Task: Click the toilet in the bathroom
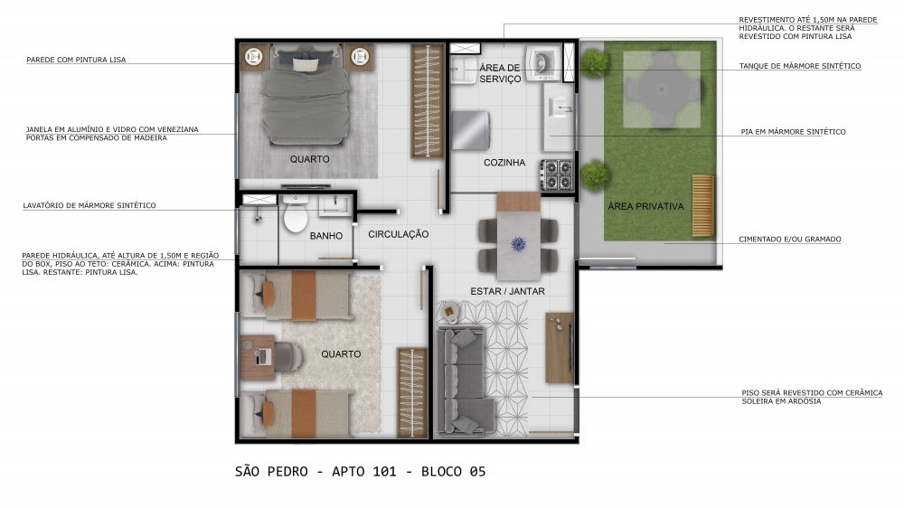click(x=296, y=214)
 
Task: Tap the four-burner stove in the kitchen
click(x=556, y=174)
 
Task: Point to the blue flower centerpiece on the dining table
click(x=518, y=244)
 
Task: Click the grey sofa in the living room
click(x=461, y=381)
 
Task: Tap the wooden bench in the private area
click(x=702, y=206)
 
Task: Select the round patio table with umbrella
click(x=662, y=89)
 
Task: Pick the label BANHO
click(x=326, y=236)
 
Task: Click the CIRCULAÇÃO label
click(x=399, y=234)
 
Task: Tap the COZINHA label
click(x=504, y=163)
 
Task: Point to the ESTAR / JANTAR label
click(x=507, y=291)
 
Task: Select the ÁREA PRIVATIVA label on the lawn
click(x=645, y=206)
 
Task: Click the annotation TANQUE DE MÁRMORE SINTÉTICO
click(x=800, y=66)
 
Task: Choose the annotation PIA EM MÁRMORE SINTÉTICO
click(x=794, y=132)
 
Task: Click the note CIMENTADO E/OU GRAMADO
click(x=790, y=240)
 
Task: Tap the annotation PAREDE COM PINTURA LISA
click(x=76, y=60)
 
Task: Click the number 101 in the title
click(x=384, y=472)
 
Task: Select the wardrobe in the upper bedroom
click(x=428, y=101)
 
